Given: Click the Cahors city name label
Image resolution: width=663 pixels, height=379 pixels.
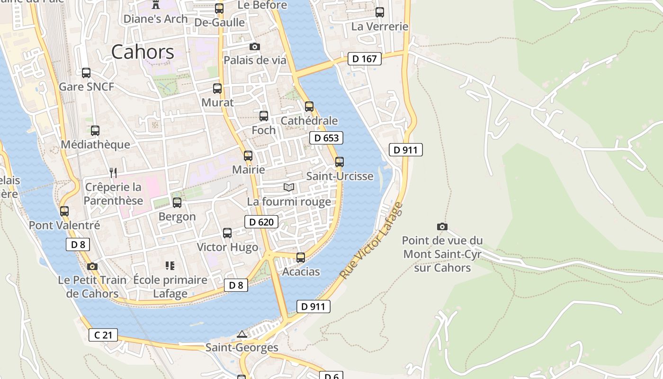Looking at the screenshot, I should [143, 52].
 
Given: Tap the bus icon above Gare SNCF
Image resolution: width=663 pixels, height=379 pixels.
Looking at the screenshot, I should [86, 73].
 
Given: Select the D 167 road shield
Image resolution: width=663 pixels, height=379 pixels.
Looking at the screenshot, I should [364, 59].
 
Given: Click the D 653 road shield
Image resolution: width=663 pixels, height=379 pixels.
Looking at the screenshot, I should [326, 138].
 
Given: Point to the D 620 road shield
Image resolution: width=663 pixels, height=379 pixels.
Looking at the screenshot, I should [261, 222].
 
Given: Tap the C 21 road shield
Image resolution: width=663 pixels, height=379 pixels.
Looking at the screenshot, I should [103, 335].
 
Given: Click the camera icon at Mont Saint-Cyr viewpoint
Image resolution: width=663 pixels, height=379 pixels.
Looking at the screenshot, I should [442, 227].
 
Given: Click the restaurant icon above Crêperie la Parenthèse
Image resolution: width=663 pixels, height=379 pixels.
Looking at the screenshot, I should [113, 172].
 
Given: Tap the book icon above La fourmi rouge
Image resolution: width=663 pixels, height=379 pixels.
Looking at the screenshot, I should [289, 187].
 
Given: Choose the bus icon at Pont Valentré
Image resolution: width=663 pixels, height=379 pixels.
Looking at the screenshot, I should [64, 211].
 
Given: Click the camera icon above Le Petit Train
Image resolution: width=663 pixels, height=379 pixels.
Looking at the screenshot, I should [92, 266].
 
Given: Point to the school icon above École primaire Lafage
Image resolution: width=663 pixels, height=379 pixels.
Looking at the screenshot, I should [170, 266].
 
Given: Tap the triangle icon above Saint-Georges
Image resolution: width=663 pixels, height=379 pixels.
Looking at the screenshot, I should [242, 334].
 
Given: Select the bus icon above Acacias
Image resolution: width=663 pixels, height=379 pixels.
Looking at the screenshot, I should [301, 258].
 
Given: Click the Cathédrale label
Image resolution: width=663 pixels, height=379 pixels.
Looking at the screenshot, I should [309, 121].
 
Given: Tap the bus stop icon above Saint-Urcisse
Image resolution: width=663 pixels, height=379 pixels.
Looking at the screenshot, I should [340, 162].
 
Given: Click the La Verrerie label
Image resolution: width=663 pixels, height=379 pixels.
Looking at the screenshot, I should [379, 27].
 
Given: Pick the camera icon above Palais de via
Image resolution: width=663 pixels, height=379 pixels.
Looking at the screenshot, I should [255, 46].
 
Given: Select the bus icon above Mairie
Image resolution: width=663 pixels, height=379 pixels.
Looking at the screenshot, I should [248, 156].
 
